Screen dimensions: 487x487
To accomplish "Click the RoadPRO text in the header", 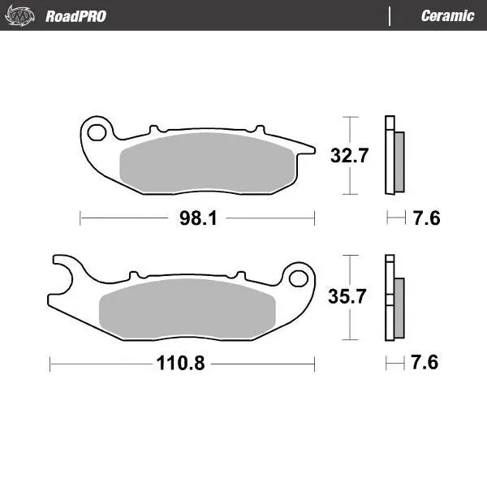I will point(75,15).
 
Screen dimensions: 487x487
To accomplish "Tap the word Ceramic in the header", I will point(447,15).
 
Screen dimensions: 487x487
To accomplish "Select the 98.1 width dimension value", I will point(196,218).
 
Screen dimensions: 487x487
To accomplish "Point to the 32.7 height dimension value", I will point(349,157).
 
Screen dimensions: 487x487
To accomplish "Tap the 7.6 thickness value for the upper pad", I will point(425,218).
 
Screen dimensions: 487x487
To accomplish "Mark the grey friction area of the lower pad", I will point(187,308).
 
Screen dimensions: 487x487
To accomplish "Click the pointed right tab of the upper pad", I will point(304,148).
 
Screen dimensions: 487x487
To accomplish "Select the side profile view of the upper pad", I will point(394,156).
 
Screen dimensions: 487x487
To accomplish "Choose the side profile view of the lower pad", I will point(394,298).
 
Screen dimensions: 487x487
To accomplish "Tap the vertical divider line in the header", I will point(390,15).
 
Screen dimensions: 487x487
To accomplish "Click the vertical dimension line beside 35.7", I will point(349,325).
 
